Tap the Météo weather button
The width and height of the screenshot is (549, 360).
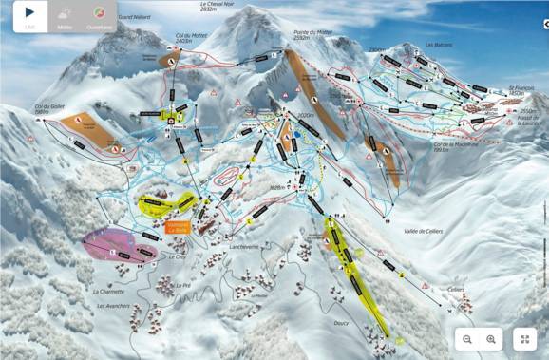(64, 16)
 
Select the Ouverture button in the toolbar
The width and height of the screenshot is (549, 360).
(99, 16)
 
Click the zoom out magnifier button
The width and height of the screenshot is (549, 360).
(467, 338)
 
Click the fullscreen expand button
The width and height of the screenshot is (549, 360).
(525, 338)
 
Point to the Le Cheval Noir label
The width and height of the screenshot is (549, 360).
(217, 6)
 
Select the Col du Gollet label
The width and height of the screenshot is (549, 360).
(48, 109)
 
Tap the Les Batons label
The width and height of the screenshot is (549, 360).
(439, 44)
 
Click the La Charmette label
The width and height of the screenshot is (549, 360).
(109, 291)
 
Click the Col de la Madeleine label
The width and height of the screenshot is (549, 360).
(426, 143)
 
